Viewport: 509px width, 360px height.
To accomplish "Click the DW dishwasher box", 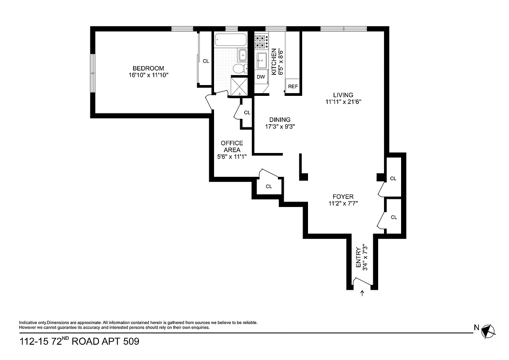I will [261, 77].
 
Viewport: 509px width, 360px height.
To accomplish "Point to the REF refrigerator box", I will [293, 86].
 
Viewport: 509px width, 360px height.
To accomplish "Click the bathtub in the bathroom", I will [230, 40].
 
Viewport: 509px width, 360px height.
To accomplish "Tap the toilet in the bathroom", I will [239, 68].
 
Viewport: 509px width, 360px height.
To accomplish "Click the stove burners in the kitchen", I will [261, 42].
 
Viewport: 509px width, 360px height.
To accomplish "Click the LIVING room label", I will [343, 95].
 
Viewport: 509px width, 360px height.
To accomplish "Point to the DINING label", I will [280, 120].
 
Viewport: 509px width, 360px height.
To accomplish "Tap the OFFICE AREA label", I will [232, 146].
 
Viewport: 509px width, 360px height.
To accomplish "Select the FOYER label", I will [343, 197].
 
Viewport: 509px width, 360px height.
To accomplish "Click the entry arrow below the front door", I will [363, 294].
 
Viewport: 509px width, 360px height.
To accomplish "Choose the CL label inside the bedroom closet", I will [206, 61].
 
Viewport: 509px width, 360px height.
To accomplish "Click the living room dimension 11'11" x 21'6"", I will [344, 102].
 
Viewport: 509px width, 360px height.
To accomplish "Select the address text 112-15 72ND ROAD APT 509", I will [79, 342].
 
